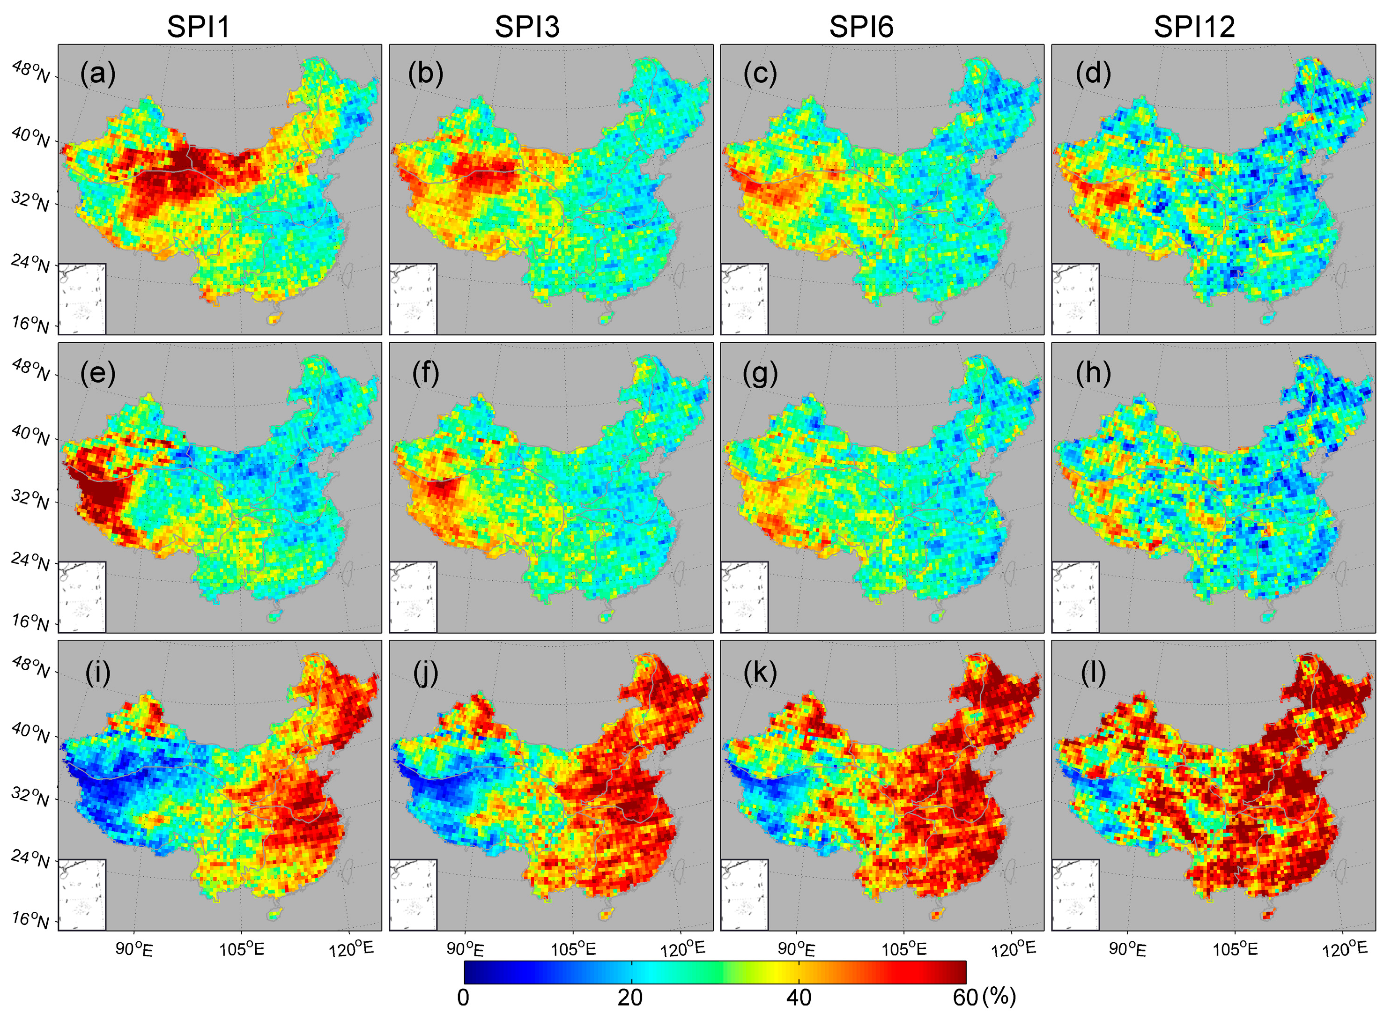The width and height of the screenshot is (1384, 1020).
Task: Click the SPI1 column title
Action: [198, 27]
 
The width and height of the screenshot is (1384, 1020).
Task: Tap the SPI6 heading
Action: [861, 27]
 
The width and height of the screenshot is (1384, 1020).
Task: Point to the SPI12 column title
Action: [1194, 27]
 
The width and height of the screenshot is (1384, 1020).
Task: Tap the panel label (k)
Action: [760, 673]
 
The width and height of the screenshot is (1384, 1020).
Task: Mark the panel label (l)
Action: [1093, 673]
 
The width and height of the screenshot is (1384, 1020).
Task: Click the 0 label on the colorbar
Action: [463, 998]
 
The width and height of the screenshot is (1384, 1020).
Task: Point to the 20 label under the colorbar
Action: [630, 998]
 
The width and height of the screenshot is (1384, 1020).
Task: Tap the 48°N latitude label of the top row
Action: [31, 72]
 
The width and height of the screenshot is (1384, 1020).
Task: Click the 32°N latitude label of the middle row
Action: [30, 500]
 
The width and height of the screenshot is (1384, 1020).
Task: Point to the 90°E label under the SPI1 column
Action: [134, 949]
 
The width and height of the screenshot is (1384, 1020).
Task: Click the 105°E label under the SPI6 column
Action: [904, 949]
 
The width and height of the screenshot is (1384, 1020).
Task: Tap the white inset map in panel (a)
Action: [82, 299]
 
